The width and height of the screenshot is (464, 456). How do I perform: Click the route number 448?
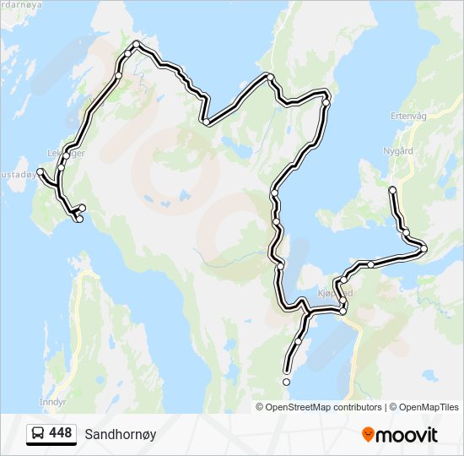coord(61,433)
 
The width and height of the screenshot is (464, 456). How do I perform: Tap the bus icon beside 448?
coord(38,434)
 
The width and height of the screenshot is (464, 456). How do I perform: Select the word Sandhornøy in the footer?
coord(120,434)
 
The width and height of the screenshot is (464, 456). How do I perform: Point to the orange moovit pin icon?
coord(368,434)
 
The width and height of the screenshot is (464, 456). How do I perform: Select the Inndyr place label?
coord(52,401)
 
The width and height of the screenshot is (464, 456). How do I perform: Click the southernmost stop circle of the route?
coord(286,383)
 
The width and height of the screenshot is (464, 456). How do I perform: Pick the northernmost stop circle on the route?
coord(136,45)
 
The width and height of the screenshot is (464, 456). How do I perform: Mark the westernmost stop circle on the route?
coord(40,171)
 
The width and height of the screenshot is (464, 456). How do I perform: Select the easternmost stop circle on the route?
coord(424,248)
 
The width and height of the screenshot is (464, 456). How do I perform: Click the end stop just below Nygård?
coord(392,190)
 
